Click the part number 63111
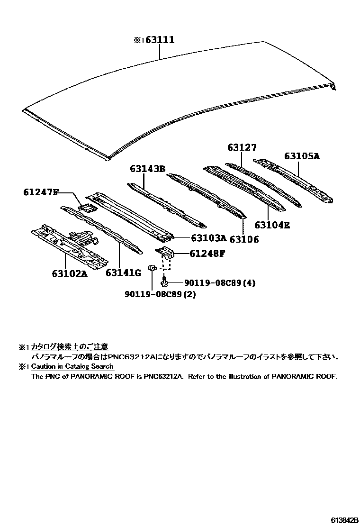(x=160, y=41)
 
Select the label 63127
(x=242, y=148)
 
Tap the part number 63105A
(x=302, y=156)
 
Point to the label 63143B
(x=147, y=169)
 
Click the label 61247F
(x=40, y=192)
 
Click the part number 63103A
(x=207, y=239)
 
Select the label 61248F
(x=207, y=254)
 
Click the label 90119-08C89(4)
(x=220, y=283)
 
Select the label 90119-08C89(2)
(x=160, y=294)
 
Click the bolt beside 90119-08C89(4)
(x=164, y=283)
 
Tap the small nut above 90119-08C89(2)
(x=152, y=269)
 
